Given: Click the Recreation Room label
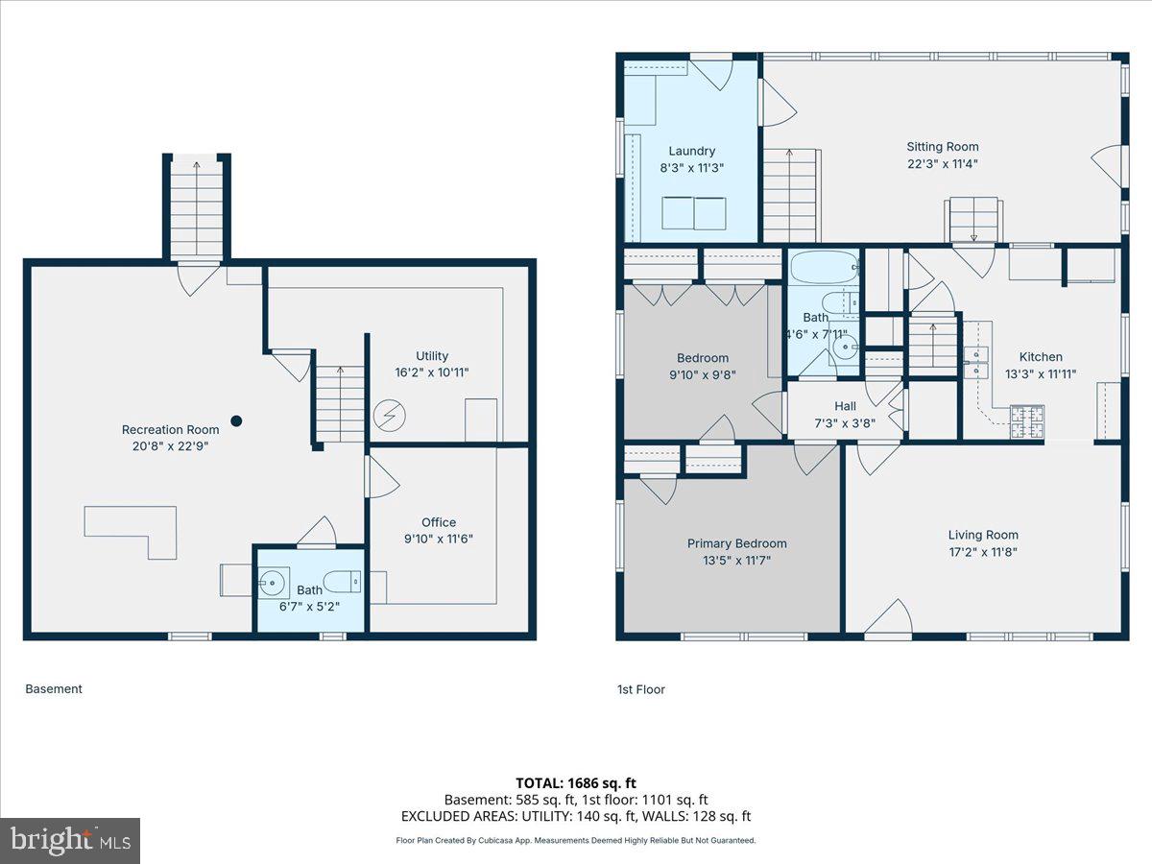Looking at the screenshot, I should [x=170, y=429].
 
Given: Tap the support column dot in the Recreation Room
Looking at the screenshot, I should [x=236, y=420].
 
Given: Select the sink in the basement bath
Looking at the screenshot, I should [x=274, y=580].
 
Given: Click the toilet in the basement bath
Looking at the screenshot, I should [x=342, y=581].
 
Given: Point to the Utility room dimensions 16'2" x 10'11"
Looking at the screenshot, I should [x=432, y=372].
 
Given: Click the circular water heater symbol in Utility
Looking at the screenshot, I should [x=390, y=416].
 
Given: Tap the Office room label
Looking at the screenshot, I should [x=439, y=522].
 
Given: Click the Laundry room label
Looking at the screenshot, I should [x=691, y=151].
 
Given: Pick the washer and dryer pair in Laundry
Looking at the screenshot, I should [x=693, y=212].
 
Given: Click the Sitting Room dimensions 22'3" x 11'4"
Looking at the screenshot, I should [x=943, y=163].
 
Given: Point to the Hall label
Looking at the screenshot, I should [x=845, y=406].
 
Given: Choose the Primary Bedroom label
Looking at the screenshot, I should [x=736, y=543].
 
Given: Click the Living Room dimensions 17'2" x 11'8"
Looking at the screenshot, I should [x=983, y=552].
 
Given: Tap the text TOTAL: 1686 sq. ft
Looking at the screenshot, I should [x=576, y=783].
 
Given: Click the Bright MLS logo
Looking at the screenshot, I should [x=70, y=840].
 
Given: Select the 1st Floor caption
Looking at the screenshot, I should [x=640, y=689].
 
